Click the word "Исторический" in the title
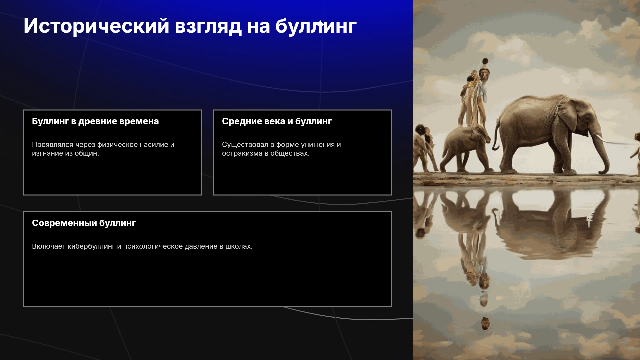coord(96,26)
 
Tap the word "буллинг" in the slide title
coord(316,26)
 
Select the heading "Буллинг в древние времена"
coord(95,121)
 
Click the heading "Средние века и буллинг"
coord(277,121)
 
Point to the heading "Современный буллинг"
coord(84,223)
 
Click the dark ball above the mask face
coord(485,61)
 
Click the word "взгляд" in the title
coord(208,26)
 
